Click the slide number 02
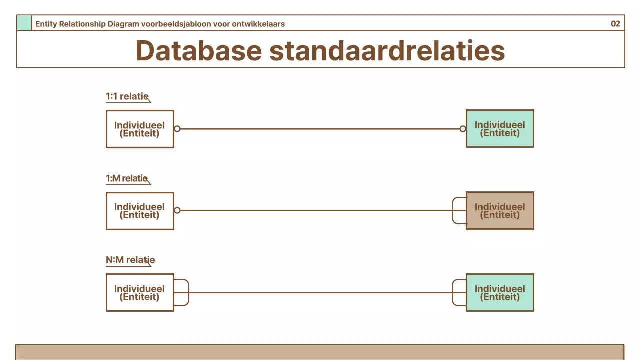(615, 24)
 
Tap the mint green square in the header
(24, 23)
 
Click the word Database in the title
(198, 50)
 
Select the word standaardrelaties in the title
(387, 50)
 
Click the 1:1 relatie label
(127, 96)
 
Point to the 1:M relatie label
(127, 178)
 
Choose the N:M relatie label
(130, 260)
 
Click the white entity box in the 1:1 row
(140, 129)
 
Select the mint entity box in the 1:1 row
(500, 129)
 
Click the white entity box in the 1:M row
(140, 211)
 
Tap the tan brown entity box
(500, 211)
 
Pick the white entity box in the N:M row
(140, 292)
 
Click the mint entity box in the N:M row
(500, 292)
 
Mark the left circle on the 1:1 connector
(177, 129)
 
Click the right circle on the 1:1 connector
(463, 129)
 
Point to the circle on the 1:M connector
(177, 211)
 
